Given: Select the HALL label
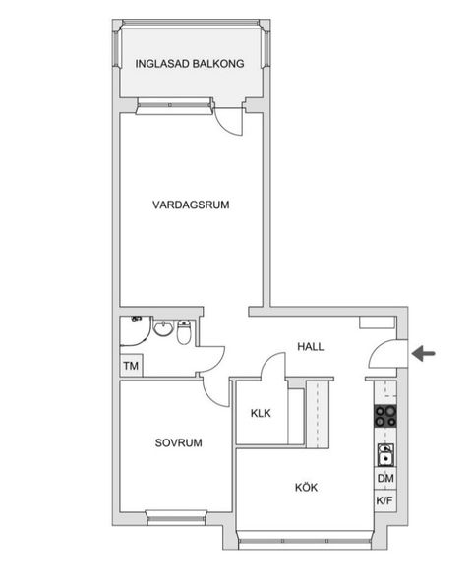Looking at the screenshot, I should pos(311,347).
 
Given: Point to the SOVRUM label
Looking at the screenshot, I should pos(178,443).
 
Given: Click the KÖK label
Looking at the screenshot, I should pos(306,487).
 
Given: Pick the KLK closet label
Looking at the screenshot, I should pos(261,414).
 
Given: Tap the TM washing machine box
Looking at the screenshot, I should pos(130,367).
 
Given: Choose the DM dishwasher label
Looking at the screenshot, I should pos(384,479).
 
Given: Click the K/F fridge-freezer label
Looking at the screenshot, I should pos(384,501).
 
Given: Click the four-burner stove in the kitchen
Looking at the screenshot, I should pos(384,417).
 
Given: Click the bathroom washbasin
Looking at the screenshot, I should pos(163,329).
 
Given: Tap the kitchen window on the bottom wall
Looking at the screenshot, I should pos(305,538).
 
